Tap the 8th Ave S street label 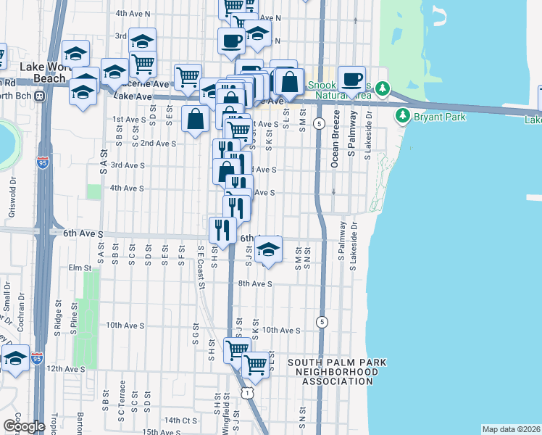click(x=254, y=284)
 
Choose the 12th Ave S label click(x=66, y=369)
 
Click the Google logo click(x=24, y=426)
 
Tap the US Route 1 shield click(x=248, y=392)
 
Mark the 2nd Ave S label click(x=159, y=144)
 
